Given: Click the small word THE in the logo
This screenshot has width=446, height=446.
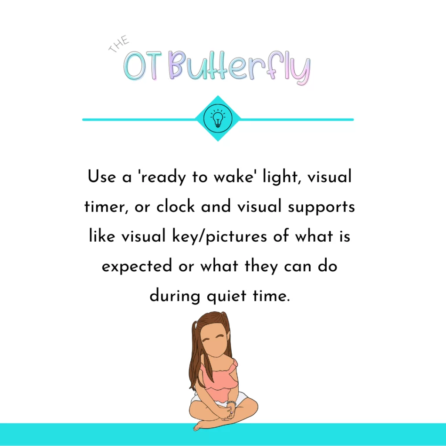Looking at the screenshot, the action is click(119, 44).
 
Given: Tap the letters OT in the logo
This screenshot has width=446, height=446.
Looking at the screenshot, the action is click(143, 66).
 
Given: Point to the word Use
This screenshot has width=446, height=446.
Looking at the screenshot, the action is click(102, 176).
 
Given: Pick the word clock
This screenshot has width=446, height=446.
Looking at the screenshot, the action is click(176, 206).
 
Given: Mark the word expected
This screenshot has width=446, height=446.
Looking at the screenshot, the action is click(137, 266).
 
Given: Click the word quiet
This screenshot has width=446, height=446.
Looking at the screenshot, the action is click(226, 296).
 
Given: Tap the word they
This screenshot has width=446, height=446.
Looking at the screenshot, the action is click(261, 266).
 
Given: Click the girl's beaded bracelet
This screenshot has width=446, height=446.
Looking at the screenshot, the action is click(231, 403).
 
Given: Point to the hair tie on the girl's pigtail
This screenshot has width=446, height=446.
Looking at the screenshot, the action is click(196, 324).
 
